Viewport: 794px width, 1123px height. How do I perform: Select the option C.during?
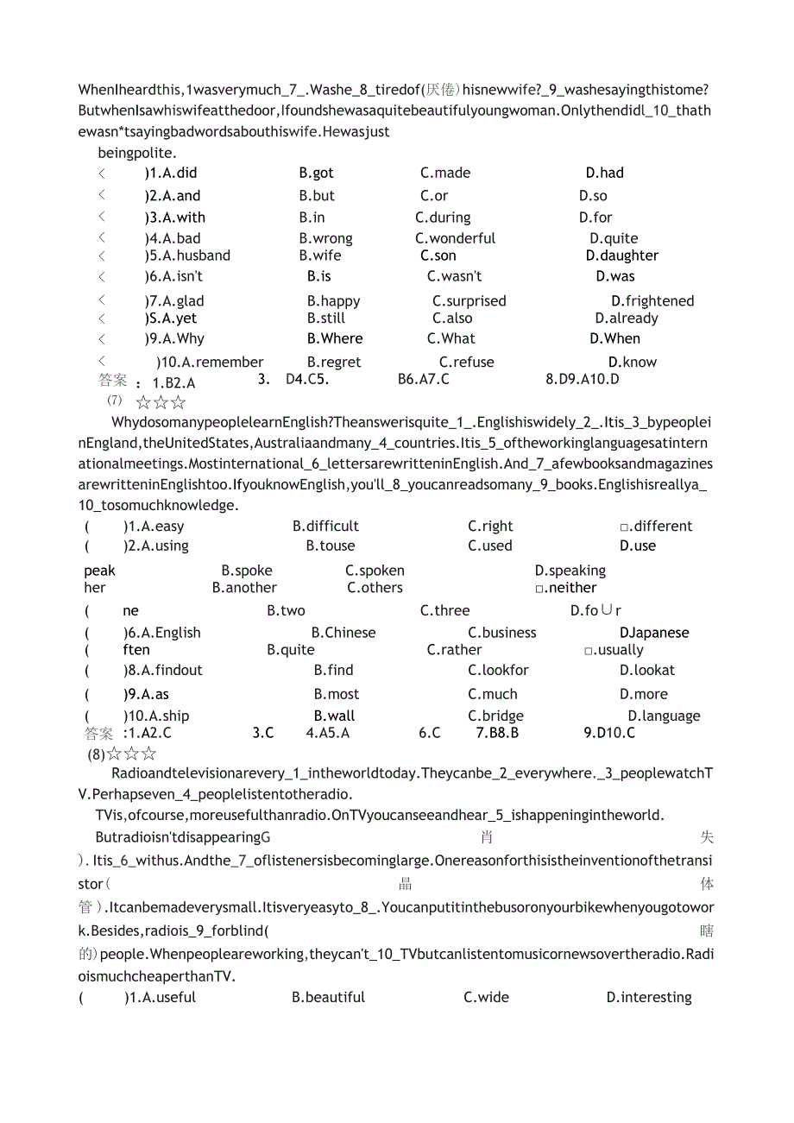(x=443, y=218)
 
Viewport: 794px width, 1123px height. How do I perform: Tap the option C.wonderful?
(x=455, y=238)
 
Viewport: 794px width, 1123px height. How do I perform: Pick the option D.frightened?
(x=652, y=301)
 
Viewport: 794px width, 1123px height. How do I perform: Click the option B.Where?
(x=335, y=338)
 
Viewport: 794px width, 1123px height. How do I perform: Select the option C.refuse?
(x=466, y=363)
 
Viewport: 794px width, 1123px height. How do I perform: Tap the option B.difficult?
(x=325, y=527)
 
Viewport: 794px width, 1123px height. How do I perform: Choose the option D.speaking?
(x=570, y=571)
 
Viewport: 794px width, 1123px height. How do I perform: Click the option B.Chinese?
(x=343, y=633)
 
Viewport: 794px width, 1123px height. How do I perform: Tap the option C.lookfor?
(x=498, y=670)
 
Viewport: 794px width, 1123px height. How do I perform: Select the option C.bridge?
(x=495, y=716)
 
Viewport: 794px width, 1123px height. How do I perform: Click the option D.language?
(x=664, y=716)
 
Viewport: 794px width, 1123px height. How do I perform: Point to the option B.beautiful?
(x=328, y=998)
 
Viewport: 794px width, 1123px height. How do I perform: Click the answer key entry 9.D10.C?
(x=609, y=733)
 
